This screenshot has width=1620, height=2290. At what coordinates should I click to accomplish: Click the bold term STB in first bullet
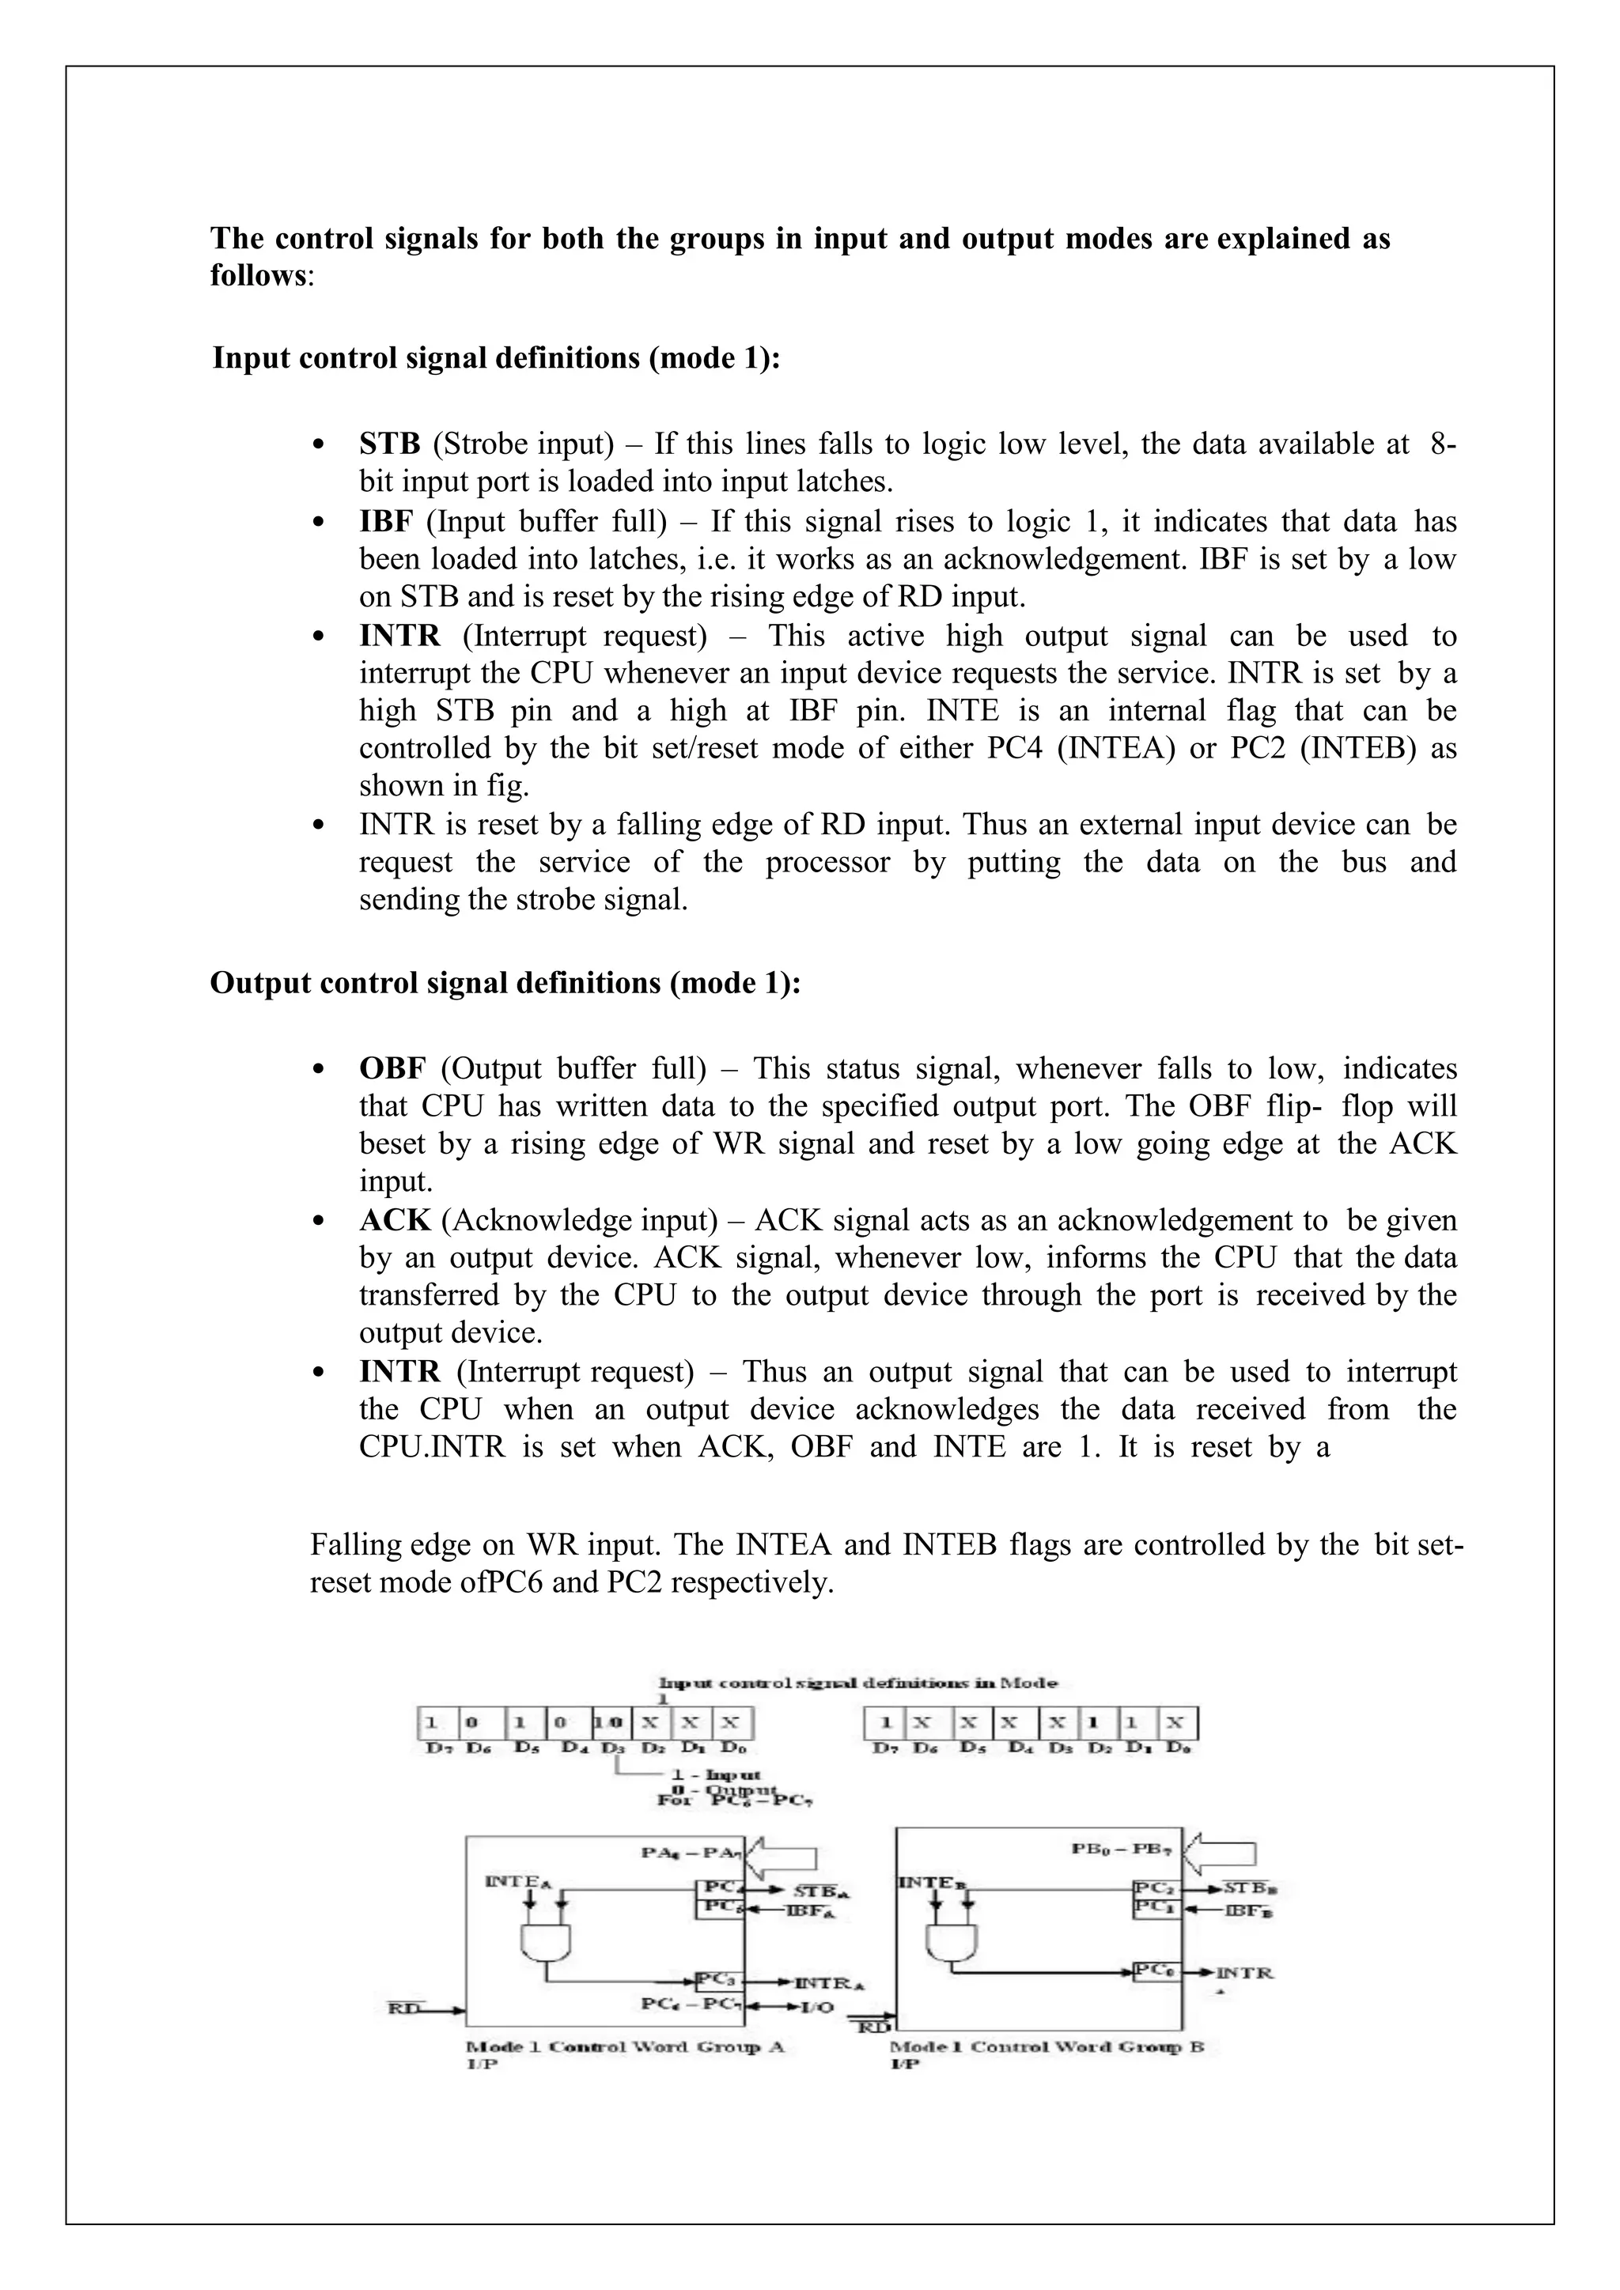click(389, 444)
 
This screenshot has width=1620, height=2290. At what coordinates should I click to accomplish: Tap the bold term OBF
click(392, 1068)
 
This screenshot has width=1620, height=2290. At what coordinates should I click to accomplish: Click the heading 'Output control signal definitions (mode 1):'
click(505, 984)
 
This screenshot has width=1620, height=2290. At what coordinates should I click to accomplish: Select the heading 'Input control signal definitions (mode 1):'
click(496, 358)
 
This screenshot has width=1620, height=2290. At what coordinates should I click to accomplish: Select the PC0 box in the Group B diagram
click(1155, 1971)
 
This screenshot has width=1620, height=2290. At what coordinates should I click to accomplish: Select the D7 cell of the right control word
click(885, 1722)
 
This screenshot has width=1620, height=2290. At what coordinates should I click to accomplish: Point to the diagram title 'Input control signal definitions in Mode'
click(858, 1683)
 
